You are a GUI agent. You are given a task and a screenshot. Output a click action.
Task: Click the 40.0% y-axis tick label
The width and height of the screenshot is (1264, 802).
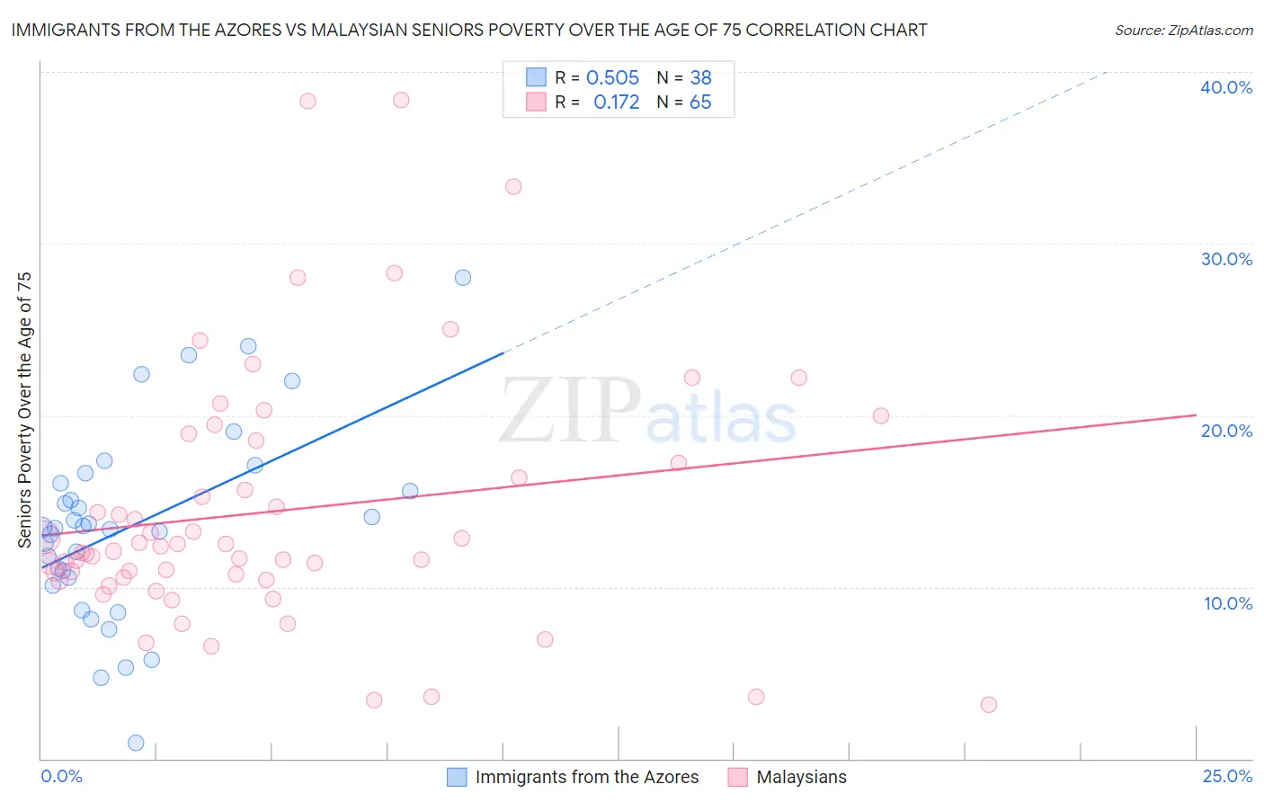(x=1226, y=87)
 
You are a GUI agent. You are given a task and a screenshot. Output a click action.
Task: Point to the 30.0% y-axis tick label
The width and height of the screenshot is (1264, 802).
(x=1226, y=259)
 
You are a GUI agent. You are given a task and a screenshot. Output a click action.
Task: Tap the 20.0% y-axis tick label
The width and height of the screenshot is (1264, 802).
(x=1226, y=431)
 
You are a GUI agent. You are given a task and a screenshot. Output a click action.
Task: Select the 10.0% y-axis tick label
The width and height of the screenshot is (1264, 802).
(x=1228, y=603)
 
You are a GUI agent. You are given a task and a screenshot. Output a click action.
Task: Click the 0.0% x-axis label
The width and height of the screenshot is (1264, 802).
(x=61, y=776)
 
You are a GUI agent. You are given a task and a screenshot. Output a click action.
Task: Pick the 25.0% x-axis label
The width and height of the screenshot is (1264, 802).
(x=1227, y=776)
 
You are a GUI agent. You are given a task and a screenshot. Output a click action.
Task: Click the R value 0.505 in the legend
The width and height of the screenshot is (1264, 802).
(x=612, y=78)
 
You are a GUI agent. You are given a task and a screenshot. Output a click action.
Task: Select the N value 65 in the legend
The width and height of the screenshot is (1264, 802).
(x=700, y=102)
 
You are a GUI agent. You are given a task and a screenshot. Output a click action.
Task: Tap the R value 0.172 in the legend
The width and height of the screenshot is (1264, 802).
(x=616, y=102)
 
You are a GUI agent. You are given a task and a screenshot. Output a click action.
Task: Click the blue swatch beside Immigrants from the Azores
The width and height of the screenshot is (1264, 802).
(x=457, y=777)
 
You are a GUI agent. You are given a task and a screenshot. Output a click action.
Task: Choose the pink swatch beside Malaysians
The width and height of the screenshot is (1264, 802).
(x=738, y=777)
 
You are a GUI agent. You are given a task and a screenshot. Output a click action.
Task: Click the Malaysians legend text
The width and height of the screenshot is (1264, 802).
(x=801, y=777)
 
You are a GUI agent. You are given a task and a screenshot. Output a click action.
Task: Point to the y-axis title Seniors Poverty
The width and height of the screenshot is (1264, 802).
(x=25, y=409)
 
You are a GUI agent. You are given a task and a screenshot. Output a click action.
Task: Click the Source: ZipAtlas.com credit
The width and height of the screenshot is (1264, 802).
(x=1183, y=31)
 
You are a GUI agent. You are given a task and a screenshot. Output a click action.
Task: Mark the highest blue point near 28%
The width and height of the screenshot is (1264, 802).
(x=463, y=278)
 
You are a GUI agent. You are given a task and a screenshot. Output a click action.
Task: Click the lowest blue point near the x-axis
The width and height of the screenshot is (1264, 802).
(x=136, y=743)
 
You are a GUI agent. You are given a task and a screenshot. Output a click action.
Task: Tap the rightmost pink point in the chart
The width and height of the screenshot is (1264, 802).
(x=989, y=705)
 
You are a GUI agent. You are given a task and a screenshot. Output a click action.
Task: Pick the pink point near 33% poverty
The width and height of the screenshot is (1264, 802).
(x=513, y=187)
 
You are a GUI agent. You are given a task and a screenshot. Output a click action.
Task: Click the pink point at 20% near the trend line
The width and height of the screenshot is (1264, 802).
(x=881, y=415)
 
